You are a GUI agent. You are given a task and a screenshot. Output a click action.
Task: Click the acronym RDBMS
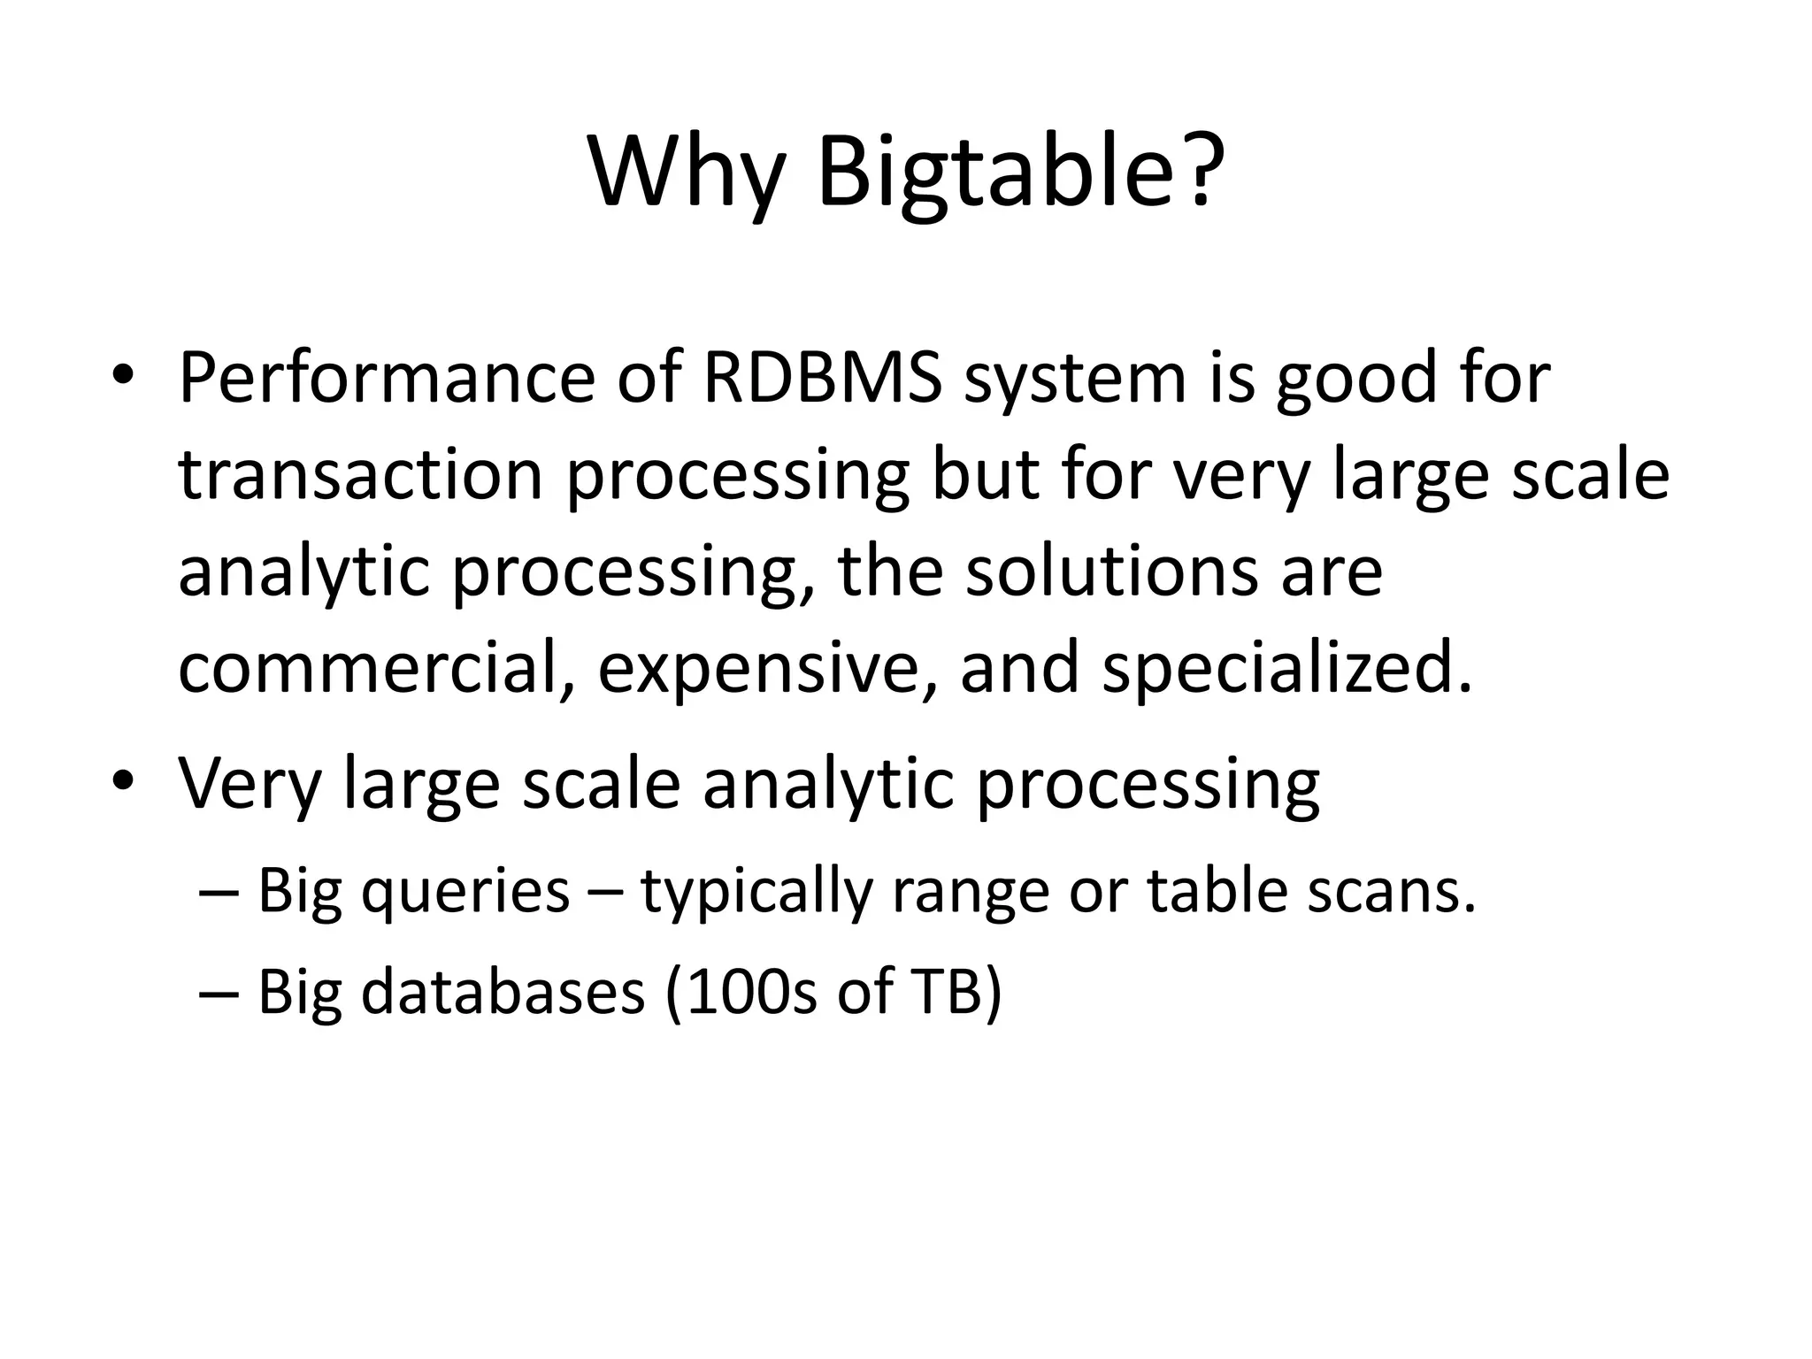822,379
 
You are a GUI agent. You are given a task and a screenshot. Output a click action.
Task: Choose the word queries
465,892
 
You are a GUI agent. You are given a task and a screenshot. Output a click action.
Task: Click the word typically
756,892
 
